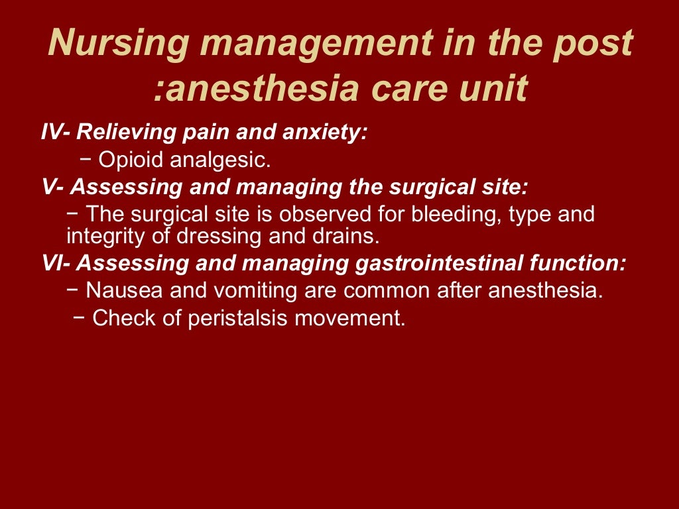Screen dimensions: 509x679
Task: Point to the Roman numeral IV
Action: tap(52, 132)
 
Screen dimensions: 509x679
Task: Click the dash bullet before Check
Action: tap(79, 318)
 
